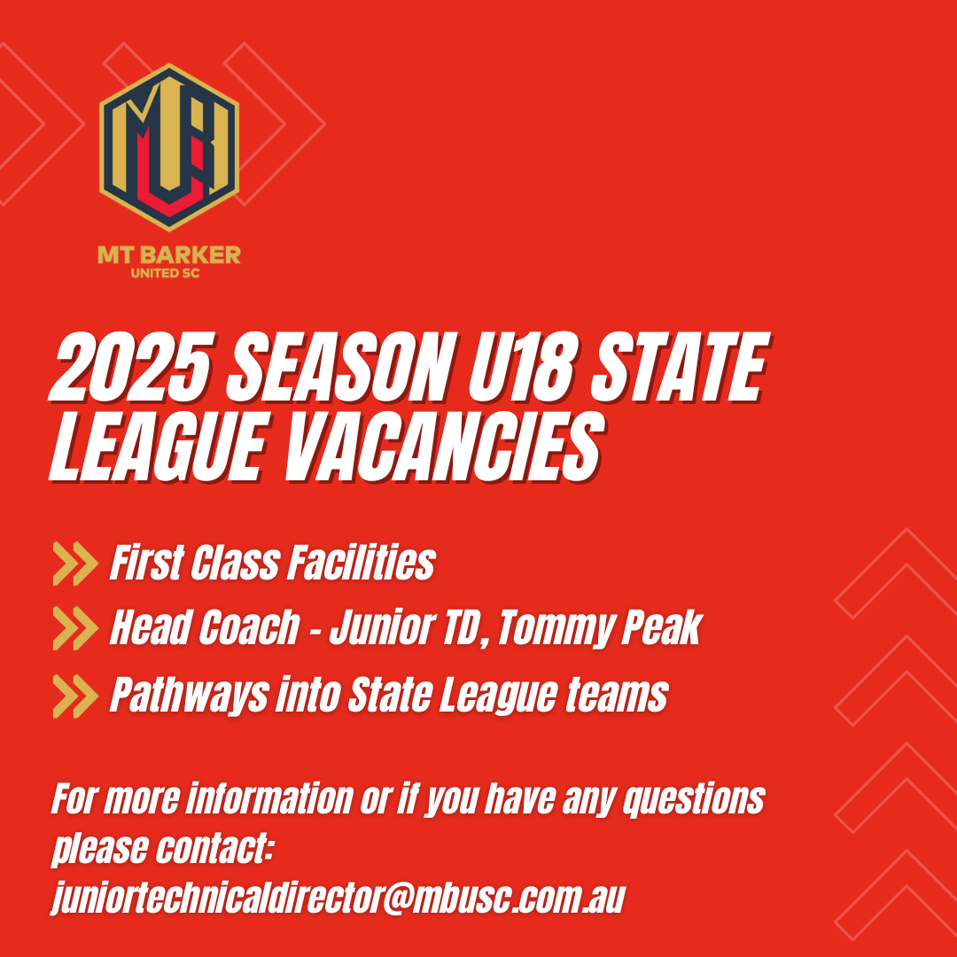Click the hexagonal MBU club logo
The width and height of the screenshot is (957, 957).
pyautogui.click(x=169, y=147)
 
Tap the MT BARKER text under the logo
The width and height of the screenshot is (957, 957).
pyautogui.click(x=169, y=255)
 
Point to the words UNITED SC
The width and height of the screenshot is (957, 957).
pyautogui.click(x=166, y=274)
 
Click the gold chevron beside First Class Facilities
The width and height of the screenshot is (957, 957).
pyautogui.click(x=75, y=564)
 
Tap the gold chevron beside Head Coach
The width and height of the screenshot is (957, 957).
pyautogui.click(x=75, y=628)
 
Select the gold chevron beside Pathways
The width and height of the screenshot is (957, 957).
pyautogui.click(x=75, y=696)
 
